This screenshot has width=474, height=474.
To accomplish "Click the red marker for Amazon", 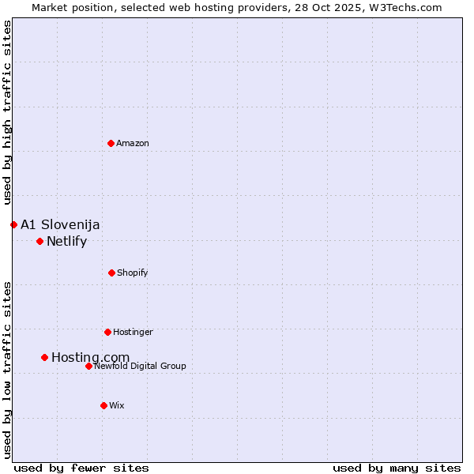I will (111, 143).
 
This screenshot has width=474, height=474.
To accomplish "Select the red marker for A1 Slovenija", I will (13, 224).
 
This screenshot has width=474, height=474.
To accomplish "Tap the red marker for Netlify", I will (39, 241).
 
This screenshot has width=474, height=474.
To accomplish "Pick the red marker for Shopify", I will (111, 273).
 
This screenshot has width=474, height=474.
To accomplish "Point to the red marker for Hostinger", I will (107, 332).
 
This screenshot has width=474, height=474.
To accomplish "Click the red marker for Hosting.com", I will (44, 357).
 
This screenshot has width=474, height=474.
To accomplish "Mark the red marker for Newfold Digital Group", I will (88, 366).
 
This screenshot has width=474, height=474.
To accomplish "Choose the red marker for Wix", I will (103, 405).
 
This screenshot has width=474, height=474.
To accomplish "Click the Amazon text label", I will (133, 143).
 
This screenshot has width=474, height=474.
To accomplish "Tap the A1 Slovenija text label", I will (60, 224).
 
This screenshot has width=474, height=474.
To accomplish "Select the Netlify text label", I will (66, 241).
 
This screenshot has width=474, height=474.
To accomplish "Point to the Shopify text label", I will (133, 273).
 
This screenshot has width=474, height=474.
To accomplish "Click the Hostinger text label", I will (133, 332).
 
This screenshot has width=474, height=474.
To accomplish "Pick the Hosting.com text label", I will (90, 357).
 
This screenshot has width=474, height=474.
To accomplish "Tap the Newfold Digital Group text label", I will (140, 366).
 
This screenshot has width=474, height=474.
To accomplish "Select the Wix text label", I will (117, 405).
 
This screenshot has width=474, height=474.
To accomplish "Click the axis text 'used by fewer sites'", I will (81, 468).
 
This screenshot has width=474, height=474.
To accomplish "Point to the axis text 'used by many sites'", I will (397, 468).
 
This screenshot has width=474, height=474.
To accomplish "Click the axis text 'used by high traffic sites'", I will (7, 112).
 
